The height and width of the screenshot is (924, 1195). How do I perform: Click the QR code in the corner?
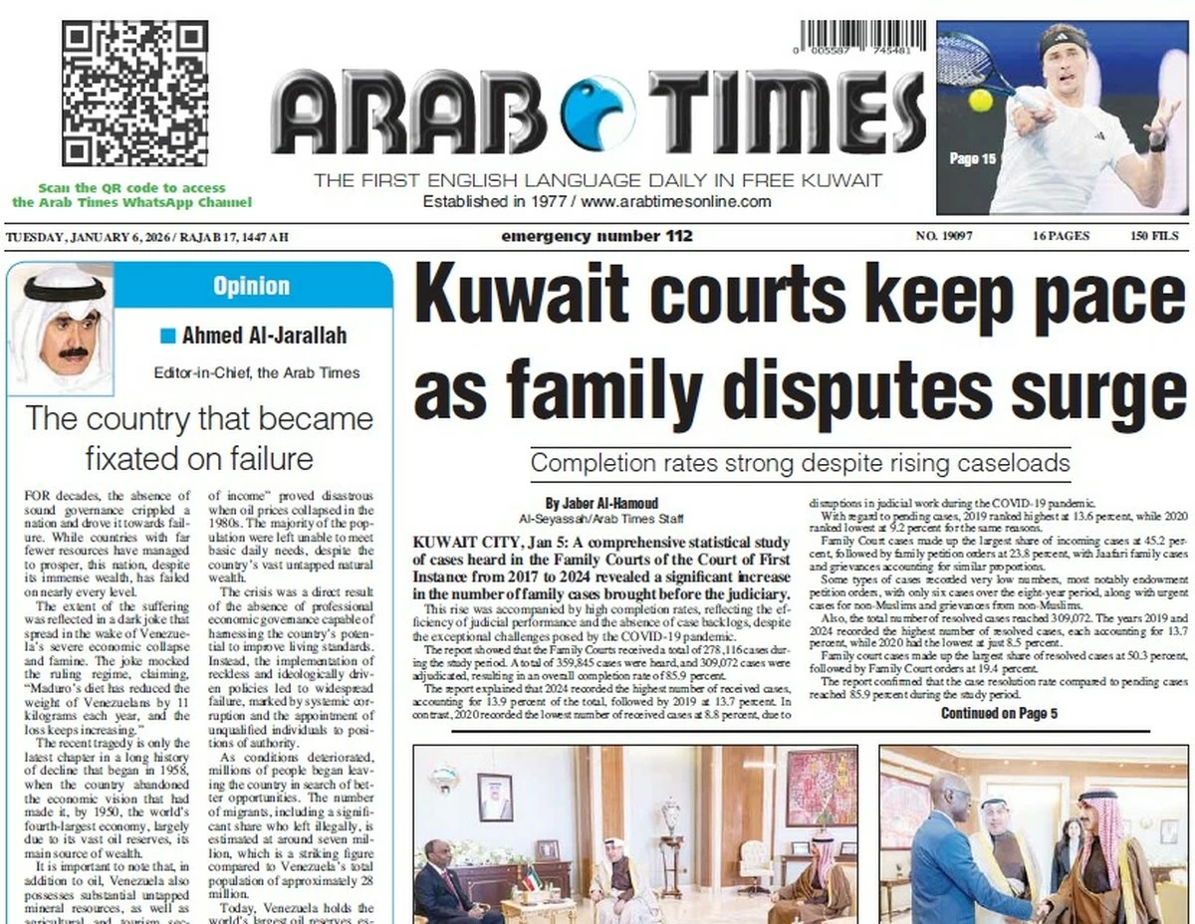(133, 94)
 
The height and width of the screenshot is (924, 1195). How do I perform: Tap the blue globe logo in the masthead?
(597, 113)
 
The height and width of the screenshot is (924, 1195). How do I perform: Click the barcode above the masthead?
(861, 36)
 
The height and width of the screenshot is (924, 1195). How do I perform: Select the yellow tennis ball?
(980, 101)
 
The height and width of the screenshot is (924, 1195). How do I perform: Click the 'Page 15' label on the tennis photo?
(972, 158)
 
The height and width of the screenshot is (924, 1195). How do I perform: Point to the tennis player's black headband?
(1065, 40)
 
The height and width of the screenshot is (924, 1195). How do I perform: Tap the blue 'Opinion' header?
(251, 287)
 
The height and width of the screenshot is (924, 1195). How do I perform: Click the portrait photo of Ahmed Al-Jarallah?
(61, 329)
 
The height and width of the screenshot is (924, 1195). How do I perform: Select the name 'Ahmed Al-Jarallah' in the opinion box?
(264, 336)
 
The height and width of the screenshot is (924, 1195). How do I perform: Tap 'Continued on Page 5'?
(999, 713)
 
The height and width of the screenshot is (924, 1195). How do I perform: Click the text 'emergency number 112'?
(597, 237)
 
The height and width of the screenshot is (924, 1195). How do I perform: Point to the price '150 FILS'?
(1154, 237)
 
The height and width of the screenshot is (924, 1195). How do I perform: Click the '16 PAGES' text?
(1061, 237)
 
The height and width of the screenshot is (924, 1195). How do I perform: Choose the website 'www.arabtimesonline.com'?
(676, 201)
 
